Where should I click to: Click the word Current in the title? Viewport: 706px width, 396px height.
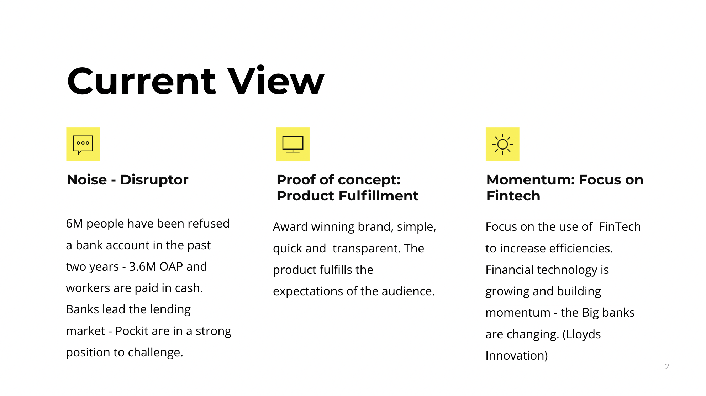pyautogui.click(x=141, y=81)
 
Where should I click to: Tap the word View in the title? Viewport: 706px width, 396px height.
pyautogui.click(x=276, y=80)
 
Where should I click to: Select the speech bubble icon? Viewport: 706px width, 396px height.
pyautogui.click(x=83, y=145)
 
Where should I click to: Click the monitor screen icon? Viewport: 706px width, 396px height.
pyautogui.click(x=293, y=144)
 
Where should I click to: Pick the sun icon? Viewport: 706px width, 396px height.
pyautogui.click(x=502, y=144)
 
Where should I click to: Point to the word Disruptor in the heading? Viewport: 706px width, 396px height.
pyautogui.click(x=154, y=180)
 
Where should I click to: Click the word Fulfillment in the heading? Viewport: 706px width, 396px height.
pyautogui.click(x=378, y=196)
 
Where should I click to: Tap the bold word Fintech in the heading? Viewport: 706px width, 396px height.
pyautogui.click(x=513, y=196)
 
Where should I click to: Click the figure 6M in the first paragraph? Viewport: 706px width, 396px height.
pyautogui.click(x=74, y=223)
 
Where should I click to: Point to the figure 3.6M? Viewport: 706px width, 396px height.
pyautogui.click(x=142, y=266)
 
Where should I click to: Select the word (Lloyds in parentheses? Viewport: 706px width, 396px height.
pyautogui.click(x=581, y=334)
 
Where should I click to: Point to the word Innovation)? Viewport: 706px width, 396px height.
pyautogui.click(x=517, y=355)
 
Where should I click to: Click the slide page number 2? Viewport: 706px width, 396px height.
pyautogui.click(x=667, y=366)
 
